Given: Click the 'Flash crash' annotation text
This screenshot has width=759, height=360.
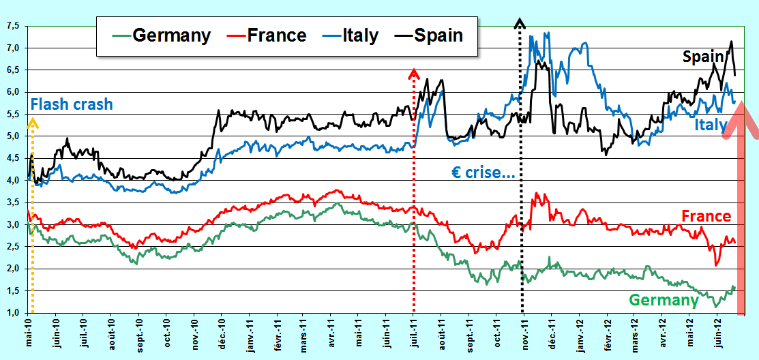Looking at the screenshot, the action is [72, 104].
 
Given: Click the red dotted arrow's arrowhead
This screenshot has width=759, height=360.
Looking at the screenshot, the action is [413, 73].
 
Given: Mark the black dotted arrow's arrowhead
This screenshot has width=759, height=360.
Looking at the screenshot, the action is [520, 23].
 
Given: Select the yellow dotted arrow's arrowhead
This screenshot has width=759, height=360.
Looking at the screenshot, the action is [32, 123].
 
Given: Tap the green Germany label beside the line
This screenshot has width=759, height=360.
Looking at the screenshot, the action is [664, 300].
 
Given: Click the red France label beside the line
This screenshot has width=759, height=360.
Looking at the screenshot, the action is [706, 216].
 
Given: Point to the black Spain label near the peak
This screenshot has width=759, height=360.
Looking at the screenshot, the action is [703, 57].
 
